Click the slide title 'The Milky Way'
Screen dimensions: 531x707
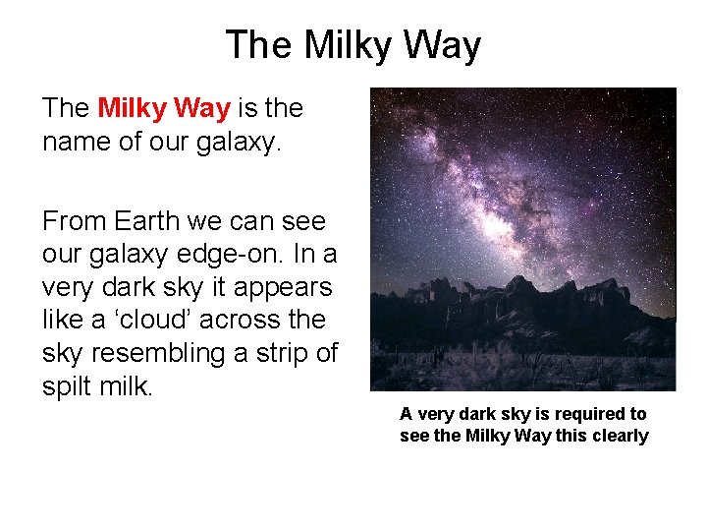click(353, 46)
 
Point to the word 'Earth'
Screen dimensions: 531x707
click(150, 220)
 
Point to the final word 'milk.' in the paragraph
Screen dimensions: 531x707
click(131, 386)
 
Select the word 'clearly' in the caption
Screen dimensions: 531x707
click(618, 436)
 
